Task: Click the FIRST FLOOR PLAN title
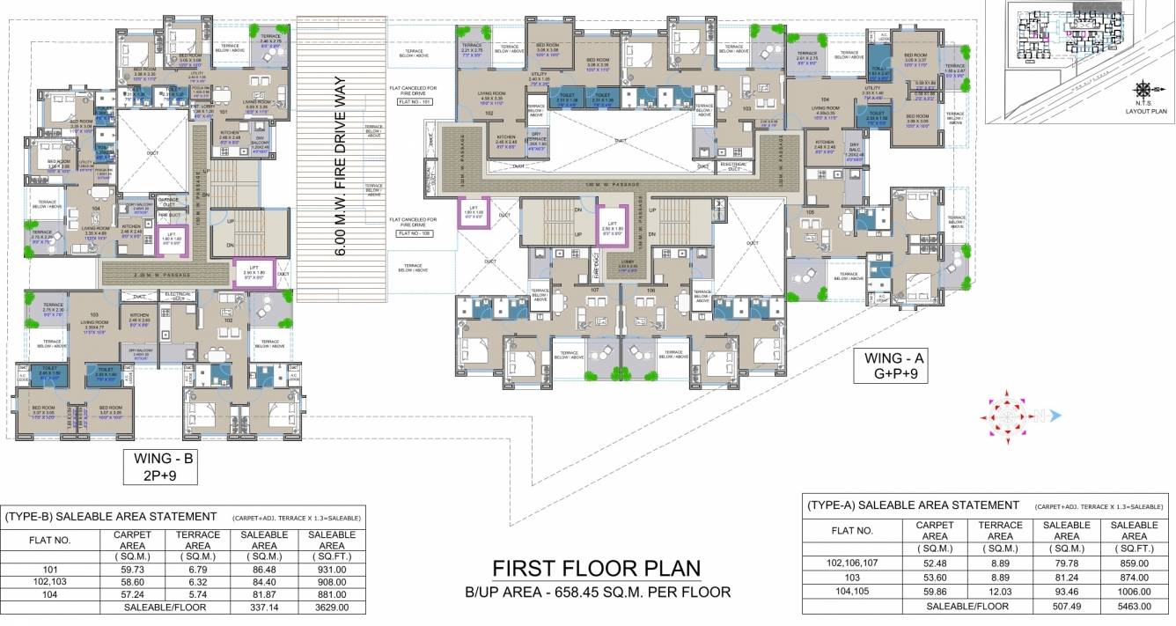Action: [596, 568]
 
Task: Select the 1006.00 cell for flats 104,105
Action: [1134, 592]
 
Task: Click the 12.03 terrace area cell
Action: [999, 592]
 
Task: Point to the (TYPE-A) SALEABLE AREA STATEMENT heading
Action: [913, 505]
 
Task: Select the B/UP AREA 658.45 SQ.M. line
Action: [596, 592]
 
